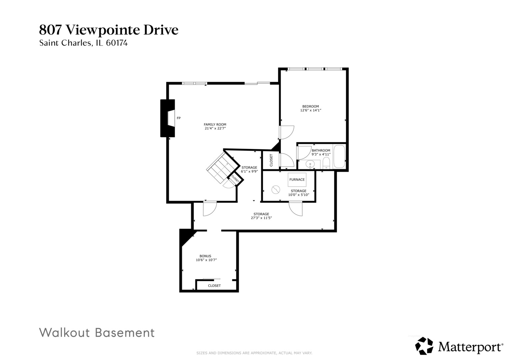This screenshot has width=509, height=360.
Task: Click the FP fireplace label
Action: (179, 118)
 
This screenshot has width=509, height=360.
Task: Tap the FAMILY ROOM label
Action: (215, 124)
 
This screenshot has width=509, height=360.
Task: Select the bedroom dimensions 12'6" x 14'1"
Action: (310, 110)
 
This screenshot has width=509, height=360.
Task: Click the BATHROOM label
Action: (321, 150)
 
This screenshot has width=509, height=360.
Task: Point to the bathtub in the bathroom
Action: (340, 156)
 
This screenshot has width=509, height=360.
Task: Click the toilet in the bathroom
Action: (326, 163)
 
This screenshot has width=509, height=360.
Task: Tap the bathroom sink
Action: (310, 164)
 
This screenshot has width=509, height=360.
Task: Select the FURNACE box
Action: (297, 180)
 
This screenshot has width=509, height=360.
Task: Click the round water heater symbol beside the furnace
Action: (276, 190)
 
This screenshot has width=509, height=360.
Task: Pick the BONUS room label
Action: (205, 256)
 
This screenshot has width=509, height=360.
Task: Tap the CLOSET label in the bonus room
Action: (214, 286)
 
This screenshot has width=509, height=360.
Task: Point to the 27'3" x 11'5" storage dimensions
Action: (261, 218)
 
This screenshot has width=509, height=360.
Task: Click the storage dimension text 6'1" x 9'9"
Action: (249, 171)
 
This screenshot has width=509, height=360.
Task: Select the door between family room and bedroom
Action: (286, 132)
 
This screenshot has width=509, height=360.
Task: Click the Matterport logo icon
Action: (424, 346)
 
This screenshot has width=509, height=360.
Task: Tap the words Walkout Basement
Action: (97, 333)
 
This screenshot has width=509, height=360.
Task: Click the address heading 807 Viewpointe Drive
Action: (109, 30)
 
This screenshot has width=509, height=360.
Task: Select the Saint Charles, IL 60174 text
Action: (83, 43)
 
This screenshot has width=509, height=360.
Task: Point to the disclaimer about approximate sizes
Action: (254, 353)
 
